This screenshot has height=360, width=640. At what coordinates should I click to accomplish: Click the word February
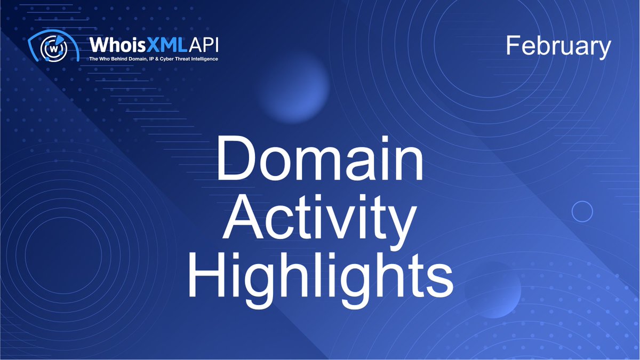558,47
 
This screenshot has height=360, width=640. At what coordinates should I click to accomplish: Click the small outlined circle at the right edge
582,211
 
